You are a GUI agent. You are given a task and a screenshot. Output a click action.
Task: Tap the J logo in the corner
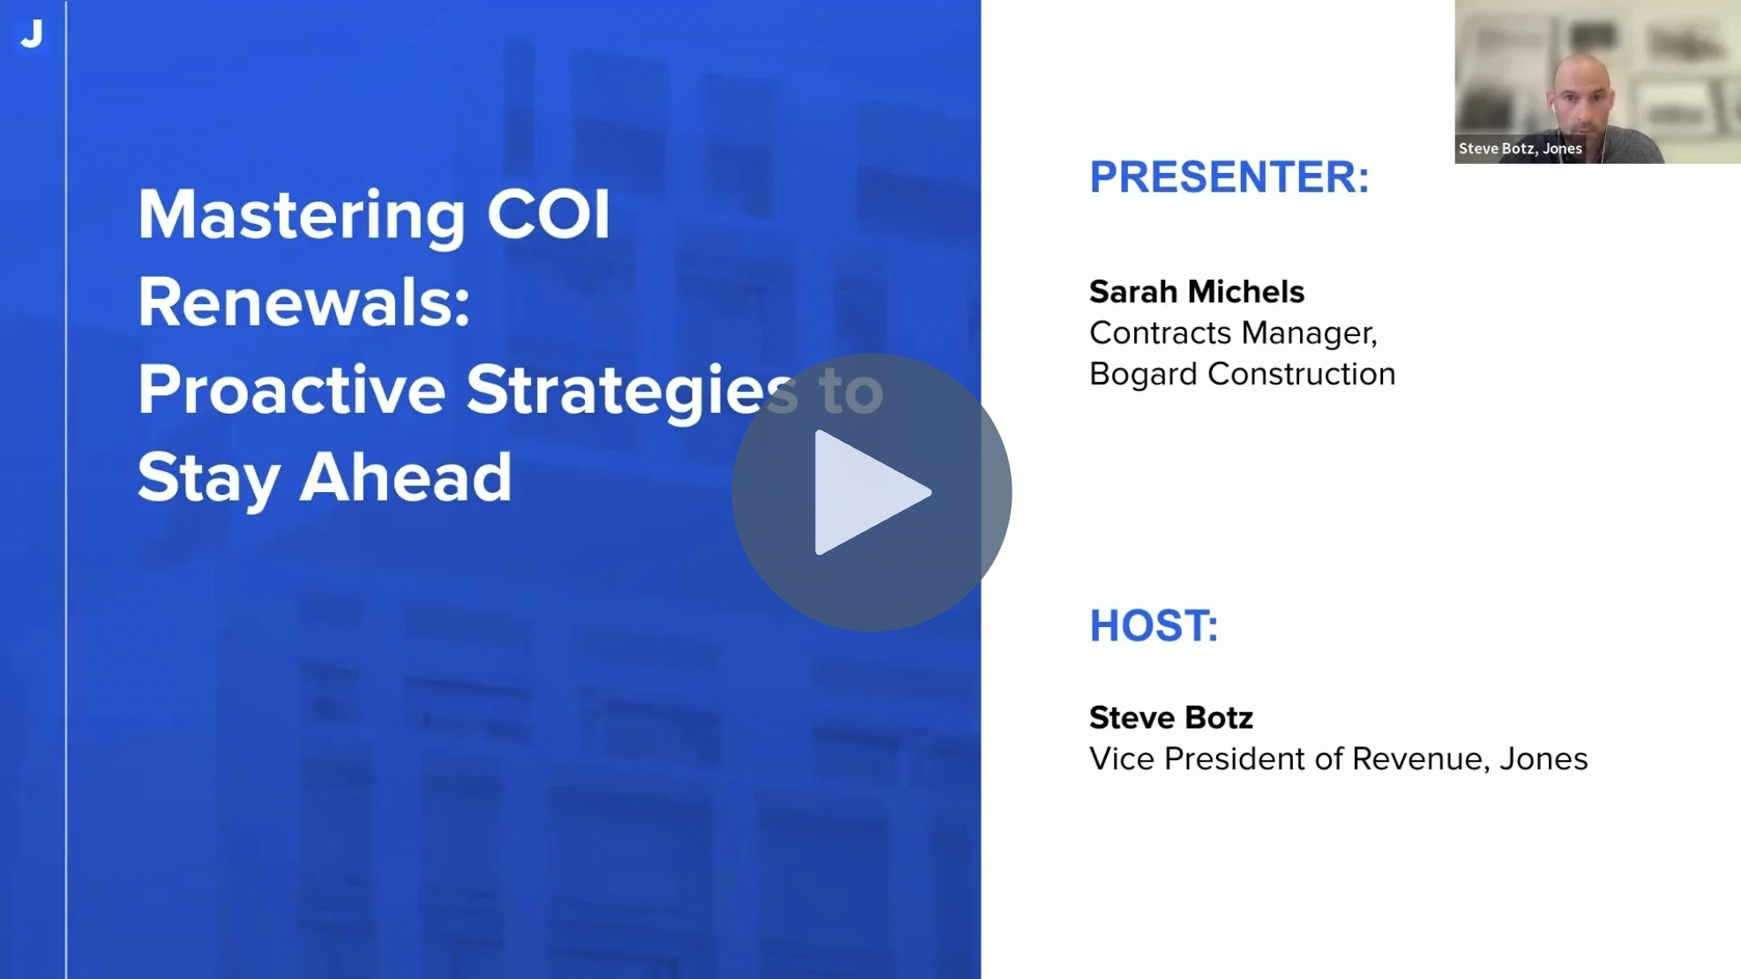pyautogui.click(x=32, y=34)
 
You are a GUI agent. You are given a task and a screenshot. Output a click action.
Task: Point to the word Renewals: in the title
pyautogui.click(x=304, y=302)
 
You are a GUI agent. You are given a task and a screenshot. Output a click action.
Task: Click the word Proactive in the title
pyautogui.click(x=291, y=389)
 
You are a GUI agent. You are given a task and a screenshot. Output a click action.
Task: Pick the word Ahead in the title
pyautogui.click(x=406, y=477)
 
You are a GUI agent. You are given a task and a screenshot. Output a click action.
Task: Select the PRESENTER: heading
pyautogui.click(x=1229, y=176)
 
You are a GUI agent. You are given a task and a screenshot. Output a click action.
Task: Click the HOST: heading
pyautogui.click(x=1154, y=625)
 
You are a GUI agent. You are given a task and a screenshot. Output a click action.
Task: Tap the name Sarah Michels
pyautogui.click(x=1197, y=291)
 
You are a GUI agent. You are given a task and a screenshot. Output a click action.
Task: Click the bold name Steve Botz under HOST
pyautogui.click(x=1171, y=717)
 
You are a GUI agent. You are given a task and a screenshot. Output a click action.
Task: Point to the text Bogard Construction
pyautogui.click(x=1243, y=374)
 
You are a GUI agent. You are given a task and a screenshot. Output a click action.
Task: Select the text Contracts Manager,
pyautogui.click(x=1234, y=333)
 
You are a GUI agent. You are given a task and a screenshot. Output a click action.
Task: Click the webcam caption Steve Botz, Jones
pyautogui.click(x=1521, y=148)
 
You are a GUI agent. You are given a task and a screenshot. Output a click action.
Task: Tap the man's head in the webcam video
pyautogui.click(x=1582, y=92)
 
